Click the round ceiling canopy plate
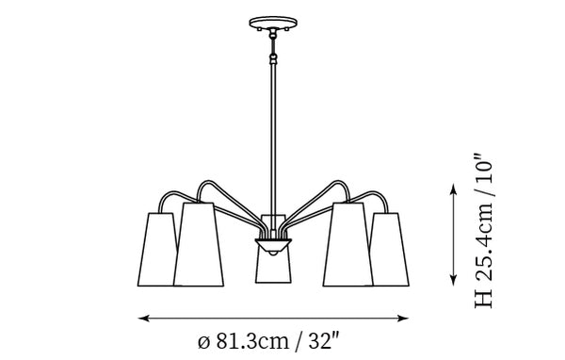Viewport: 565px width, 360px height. point(273,23)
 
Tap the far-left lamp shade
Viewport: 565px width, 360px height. point(156,250)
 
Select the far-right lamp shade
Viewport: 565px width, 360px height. point(390,250)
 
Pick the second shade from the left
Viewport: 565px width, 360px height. point(199,245)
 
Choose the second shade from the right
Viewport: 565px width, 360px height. point(348,245)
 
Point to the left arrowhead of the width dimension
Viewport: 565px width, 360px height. point(143,319)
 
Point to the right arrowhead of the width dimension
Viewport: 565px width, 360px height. point(403,319)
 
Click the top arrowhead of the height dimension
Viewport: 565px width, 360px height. point(454,188)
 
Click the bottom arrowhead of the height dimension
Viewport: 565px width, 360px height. point(454,280)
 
